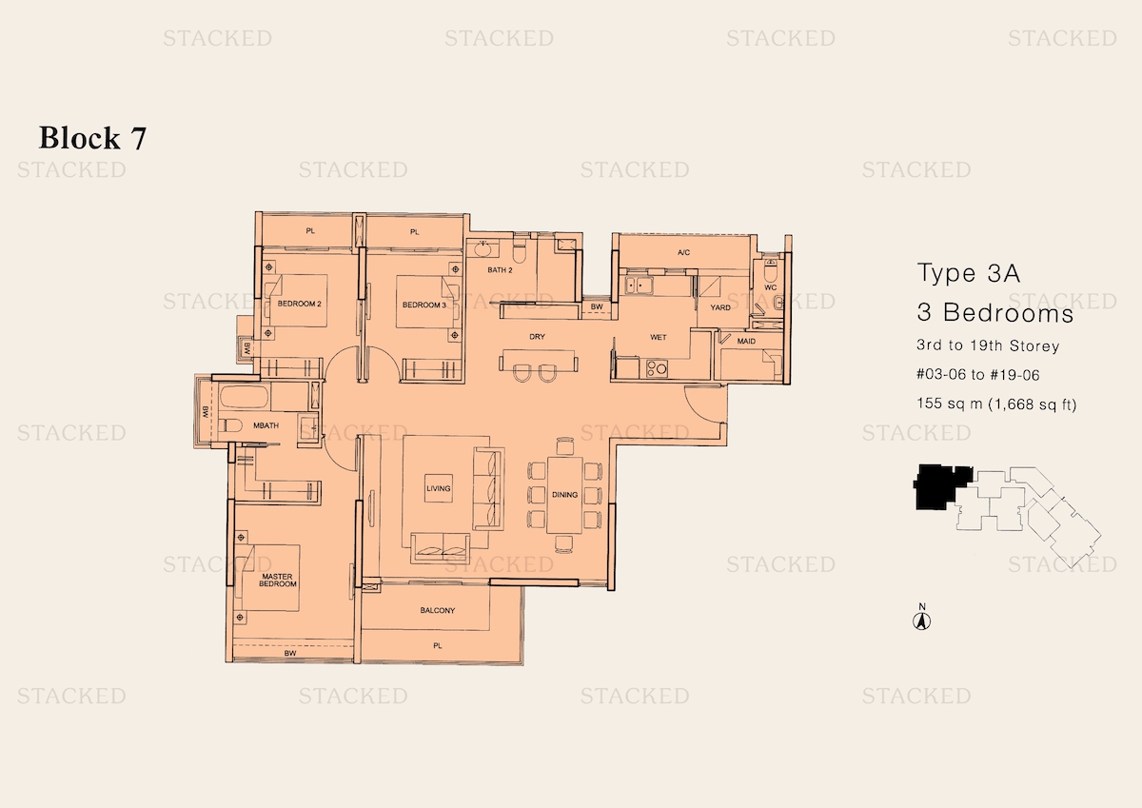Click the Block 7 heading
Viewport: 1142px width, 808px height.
coord(92,138)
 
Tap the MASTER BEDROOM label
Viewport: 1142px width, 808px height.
coord(277,581)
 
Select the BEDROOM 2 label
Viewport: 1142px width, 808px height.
coord(299,304)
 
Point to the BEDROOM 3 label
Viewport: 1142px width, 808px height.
coord(424,305)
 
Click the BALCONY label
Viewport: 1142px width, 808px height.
coord(438,610)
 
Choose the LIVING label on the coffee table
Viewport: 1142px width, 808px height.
coord(439,488)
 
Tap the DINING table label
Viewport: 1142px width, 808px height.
coord(564,495)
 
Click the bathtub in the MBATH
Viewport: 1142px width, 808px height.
coord(245,397)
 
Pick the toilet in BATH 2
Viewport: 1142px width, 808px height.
coord(520,249)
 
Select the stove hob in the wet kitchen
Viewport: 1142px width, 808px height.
coord(657,368)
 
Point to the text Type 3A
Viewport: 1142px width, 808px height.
coord(969,273)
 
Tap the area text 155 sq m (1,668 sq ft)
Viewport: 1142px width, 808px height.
coord(996,404)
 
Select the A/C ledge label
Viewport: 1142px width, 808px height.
coord(683,252)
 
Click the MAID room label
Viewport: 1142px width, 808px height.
coord(746,341)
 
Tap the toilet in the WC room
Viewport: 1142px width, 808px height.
coord(770,269)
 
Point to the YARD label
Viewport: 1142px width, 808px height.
coord(720,307)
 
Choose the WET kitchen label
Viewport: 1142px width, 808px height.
coord(659,337)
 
